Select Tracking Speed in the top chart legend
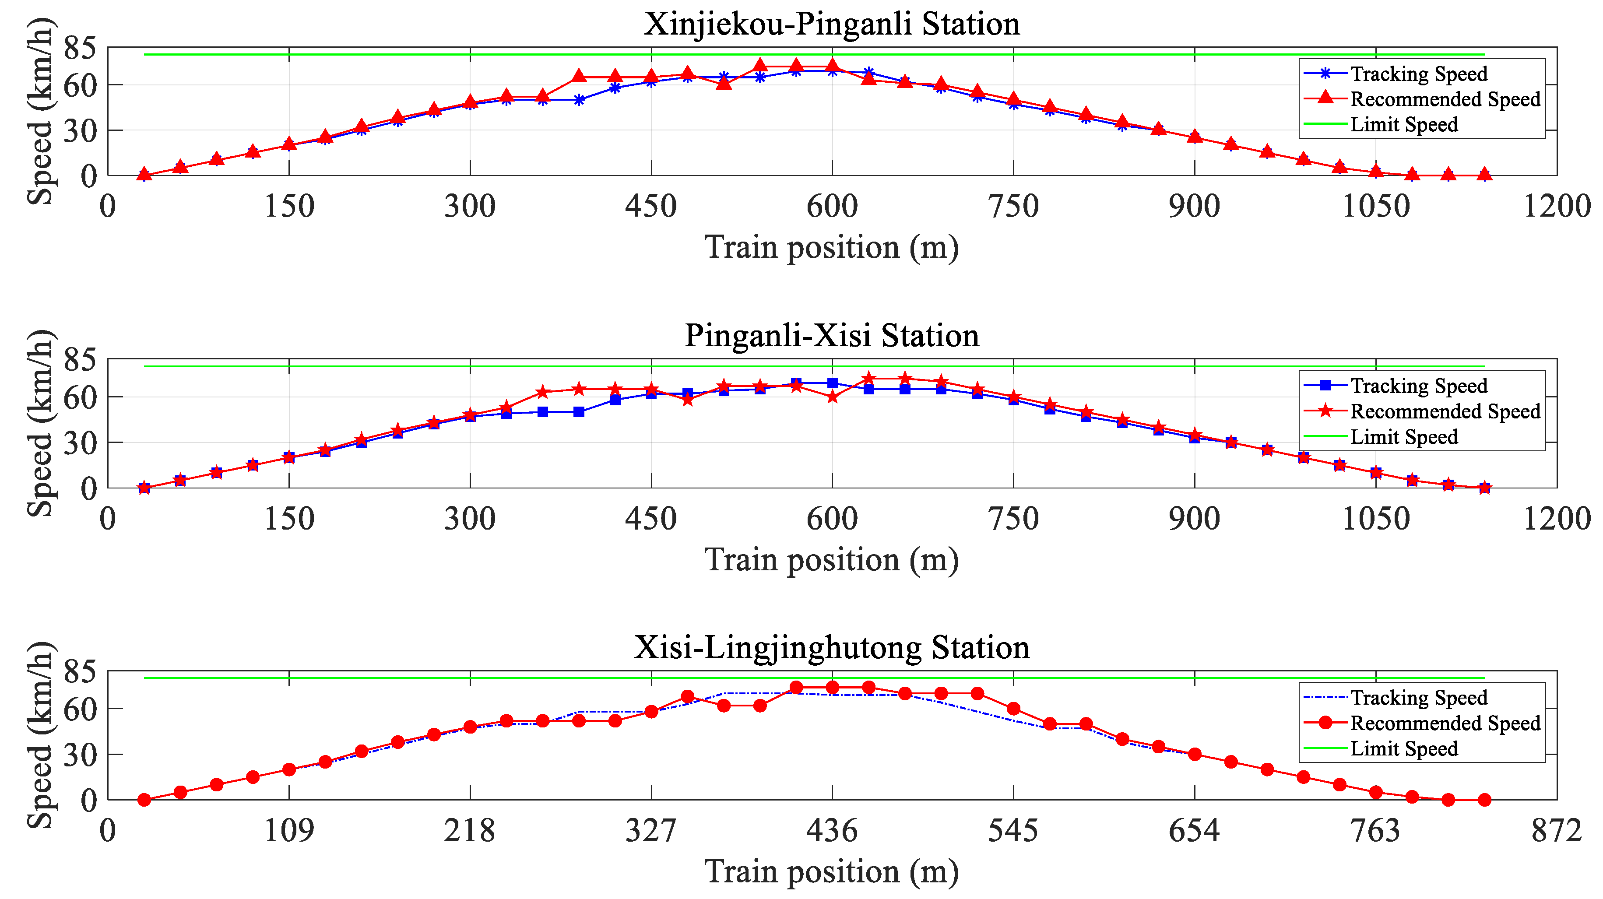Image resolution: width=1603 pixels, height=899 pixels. pyautogui.click(x=1418, y=74)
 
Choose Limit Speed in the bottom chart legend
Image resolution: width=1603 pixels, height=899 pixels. pyautogui.click(x=1403, y=748)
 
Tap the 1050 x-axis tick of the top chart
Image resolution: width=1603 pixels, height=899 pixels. pyautogui.click(x=1375, y=206)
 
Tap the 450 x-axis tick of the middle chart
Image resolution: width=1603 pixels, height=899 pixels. pyautogui.click(x=650, y=518)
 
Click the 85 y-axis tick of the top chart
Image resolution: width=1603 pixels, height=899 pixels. pyautogui.click(x=80, y=48)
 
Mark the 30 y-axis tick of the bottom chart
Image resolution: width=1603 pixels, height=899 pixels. pyautogui.click(x=80, y=755)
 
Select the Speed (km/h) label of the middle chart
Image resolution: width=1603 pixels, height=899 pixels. pyautogui.click(x=40, y=423)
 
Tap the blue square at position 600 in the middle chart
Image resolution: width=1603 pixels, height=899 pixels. pyautogui.click(x=832, y=383)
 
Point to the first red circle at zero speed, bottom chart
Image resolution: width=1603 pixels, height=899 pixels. pyautogui.click(x=144, y=800)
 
